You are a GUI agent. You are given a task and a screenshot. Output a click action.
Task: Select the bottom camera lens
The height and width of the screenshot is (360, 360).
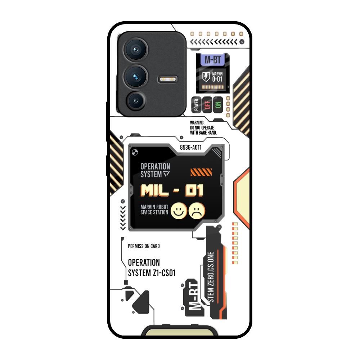point(136,101)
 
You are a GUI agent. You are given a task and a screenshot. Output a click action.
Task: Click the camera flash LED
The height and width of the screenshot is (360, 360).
point(168,79)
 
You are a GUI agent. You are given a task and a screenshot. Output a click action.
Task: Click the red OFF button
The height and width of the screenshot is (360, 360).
point(207,105)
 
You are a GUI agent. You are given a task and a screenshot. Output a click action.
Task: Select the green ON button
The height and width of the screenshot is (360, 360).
point(217,105)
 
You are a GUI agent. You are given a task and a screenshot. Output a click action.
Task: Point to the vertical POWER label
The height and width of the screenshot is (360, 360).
point(197,105)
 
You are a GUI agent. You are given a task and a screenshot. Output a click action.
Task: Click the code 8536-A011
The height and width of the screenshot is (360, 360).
point(191,147)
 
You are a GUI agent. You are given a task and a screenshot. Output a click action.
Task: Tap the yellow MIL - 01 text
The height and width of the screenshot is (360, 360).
point(172,190)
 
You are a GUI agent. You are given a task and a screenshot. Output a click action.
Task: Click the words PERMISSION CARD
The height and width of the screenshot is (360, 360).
point(144,246)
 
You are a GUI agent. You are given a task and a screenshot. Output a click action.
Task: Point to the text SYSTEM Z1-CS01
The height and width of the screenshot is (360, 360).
point(152,273)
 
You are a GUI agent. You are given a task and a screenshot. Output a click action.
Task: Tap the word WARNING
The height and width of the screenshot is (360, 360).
point(197,123)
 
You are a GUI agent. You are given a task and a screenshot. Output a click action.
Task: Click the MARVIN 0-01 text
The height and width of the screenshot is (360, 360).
point(217,77)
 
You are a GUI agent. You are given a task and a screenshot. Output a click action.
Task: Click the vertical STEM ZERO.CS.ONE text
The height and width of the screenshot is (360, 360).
point(211,277)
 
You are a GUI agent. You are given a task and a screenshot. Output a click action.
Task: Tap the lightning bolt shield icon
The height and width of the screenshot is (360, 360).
point(206,77)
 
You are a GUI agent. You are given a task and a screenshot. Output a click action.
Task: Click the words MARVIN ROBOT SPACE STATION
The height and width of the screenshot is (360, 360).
point(154,210)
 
